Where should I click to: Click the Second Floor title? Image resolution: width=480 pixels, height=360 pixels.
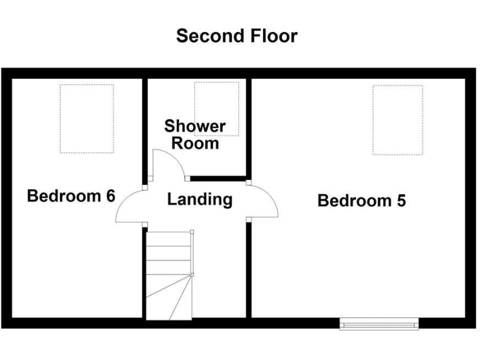pos(236,36)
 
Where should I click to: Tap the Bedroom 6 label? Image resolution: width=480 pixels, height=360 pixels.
pos(71,196)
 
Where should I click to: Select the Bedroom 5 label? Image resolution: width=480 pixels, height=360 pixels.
pos(362,201)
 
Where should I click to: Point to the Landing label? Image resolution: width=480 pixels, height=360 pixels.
pos(200,200)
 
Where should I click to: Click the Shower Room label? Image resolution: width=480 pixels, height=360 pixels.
pos(195,135)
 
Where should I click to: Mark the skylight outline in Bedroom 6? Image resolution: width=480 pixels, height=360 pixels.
pos(87,119)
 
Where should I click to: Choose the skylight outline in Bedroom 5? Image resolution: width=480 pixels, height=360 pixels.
pos(397,119)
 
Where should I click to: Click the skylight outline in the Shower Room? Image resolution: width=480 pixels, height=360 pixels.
pos(217,100)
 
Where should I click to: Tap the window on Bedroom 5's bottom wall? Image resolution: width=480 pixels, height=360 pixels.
pos(379,323)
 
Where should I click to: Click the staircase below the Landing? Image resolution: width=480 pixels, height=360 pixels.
pos(169,275)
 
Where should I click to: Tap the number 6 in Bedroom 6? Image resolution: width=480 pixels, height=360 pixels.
pos(110,196)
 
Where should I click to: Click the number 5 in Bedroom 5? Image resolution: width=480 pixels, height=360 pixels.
pos(400,201)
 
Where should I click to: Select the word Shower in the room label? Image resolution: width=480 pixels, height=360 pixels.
pos(195,127)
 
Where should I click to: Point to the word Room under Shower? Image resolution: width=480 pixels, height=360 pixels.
pos(195,144)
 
